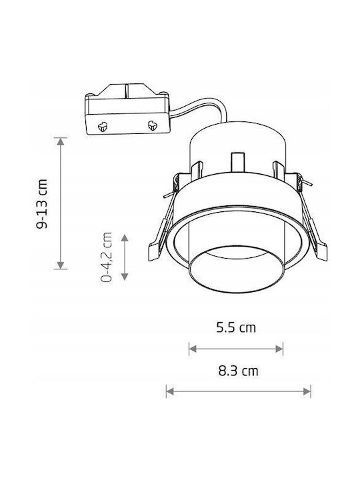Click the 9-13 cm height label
(x=42, y=204)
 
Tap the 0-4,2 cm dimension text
(x=106, y=257)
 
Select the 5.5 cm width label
(x=236, y=327)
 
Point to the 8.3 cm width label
(x=238, y=371)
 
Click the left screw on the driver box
(x=103, y=126)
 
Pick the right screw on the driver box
(x=152, y=125)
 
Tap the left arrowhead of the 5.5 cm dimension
(x=193, y=349)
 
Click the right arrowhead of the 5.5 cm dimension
(x=279, y=349)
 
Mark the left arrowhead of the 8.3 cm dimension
(x=170, y=391)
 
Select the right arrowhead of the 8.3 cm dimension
(x=307, y=391)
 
